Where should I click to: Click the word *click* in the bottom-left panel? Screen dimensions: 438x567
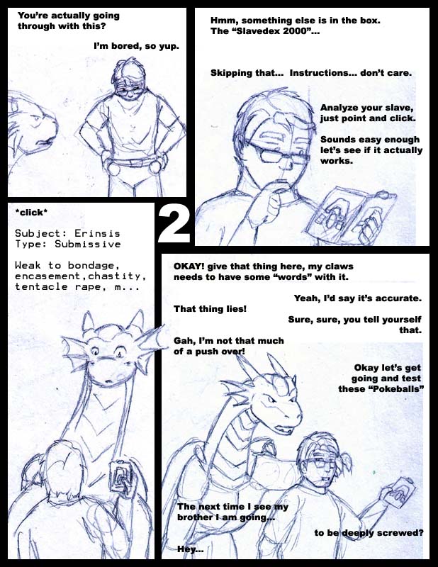pos(31,212)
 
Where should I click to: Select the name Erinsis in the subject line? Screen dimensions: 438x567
pos(97,233)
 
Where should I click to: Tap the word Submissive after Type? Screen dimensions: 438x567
pos(88,244)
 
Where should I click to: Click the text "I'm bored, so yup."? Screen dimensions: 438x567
pos(136,46)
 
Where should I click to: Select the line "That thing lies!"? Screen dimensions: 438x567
pos(210,309)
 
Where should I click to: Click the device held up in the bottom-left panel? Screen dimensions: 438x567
pos(122,478)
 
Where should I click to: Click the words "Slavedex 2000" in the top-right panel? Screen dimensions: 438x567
pos(270,31)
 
